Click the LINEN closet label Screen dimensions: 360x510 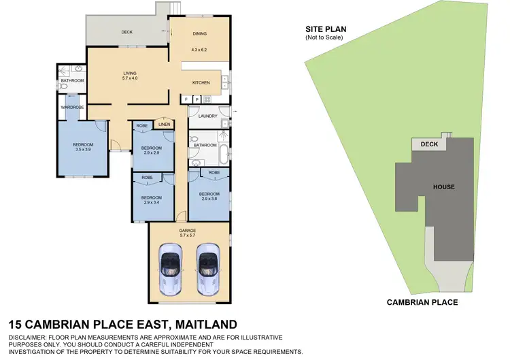pos(165,125)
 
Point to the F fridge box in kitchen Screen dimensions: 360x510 pos(186,99)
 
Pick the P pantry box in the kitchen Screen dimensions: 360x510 pos(197,99)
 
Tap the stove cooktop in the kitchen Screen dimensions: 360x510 pos(207,99)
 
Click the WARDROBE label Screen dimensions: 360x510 pos(71,107)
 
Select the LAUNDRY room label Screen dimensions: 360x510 pos(207,116)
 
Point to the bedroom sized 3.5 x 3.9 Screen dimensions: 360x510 pos(83,148)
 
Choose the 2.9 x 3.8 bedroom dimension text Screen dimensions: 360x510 pos(209,198)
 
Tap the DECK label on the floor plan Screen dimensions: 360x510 pos(126,32)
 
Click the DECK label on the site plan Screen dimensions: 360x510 pos(429,144)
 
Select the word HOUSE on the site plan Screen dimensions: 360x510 pos(444,187)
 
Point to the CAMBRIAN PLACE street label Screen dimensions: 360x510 pos(422,302)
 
